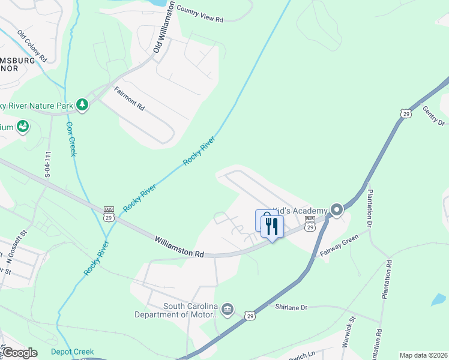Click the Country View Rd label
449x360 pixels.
pyautogui.click(x=200, y=15)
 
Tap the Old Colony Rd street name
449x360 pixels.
pyautogui.click(x=32, y=46)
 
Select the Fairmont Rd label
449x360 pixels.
pyautogui.click(x=130, y=98)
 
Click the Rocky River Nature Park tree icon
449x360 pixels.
pyautogui.click(x=82, y=106)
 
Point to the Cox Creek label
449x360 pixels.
pyautogui.click(x=71, y=139)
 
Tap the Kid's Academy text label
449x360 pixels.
pyautogui.click(x=300, y=211)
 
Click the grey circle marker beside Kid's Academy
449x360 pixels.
pyautogui.click(x=337, y=210)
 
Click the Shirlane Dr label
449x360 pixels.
pyautogui.click(x=291, y=307)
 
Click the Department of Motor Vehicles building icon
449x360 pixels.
pyautogui.click(x=228, y=309)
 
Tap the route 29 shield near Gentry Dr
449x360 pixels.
pyautogui.click(x=406, y=113)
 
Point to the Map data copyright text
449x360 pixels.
pyautogui.click(x=423, y=355)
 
